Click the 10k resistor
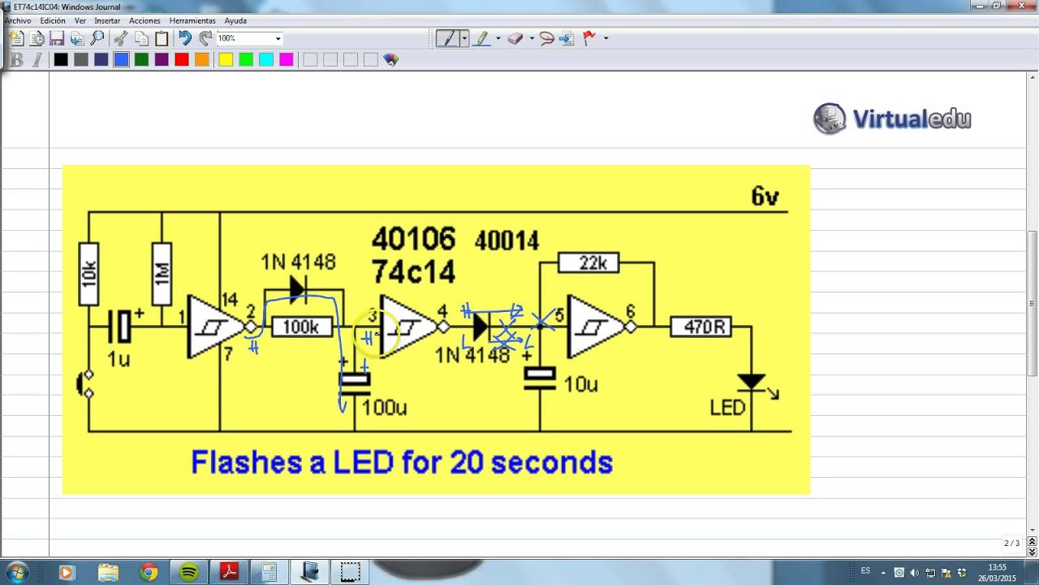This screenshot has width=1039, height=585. tap(88, 274)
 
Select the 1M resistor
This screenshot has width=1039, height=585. tap(162, 274)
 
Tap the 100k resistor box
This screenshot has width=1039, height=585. tap(301, 327)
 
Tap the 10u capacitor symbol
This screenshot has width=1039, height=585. tap(540, 379)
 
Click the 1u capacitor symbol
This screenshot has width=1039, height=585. tap(123, 327)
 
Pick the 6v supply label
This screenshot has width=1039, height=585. tap(765, 196)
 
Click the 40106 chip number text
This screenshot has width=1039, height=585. tap(413, 239)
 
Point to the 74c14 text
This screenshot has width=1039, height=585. tap(413, 271)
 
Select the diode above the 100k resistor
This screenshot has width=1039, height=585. tap(298, 288)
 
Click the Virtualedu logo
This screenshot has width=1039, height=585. tap(892, 119)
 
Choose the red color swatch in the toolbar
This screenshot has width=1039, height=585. tap(182, 59)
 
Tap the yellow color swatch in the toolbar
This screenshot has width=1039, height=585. tap(226, 59)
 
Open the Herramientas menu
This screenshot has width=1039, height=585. tap(192, 20)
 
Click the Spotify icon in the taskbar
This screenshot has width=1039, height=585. tap(189, 572)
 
